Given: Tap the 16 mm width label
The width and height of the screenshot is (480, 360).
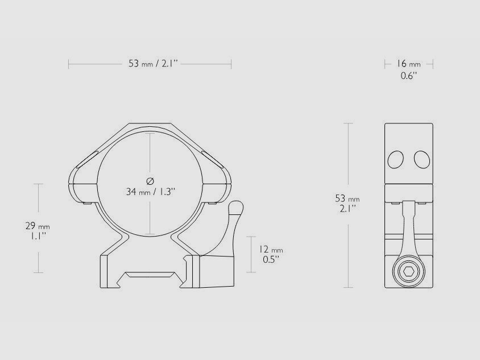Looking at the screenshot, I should (x=409, y=64).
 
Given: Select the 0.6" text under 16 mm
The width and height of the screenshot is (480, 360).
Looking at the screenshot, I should (x=408, y=76).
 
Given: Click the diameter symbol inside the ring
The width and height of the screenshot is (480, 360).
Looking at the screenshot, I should (x=150, y=181).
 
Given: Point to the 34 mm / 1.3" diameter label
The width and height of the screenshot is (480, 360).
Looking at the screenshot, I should (x=150, y=192).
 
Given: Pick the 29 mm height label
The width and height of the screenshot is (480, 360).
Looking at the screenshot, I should (x=38, y=226).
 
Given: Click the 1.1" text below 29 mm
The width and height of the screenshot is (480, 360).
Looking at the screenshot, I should (x=38, y=235).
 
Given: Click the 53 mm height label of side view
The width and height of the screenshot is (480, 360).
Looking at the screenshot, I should (x=347, y=198).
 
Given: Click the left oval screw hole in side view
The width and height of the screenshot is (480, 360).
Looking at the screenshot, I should (x=396, y=160).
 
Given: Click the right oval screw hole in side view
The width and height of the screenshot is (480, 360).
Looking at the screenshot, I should (x=421, y=160).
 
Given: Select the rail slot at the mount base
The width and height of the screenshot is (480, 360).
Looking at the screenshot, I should (x=150, y=275).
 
